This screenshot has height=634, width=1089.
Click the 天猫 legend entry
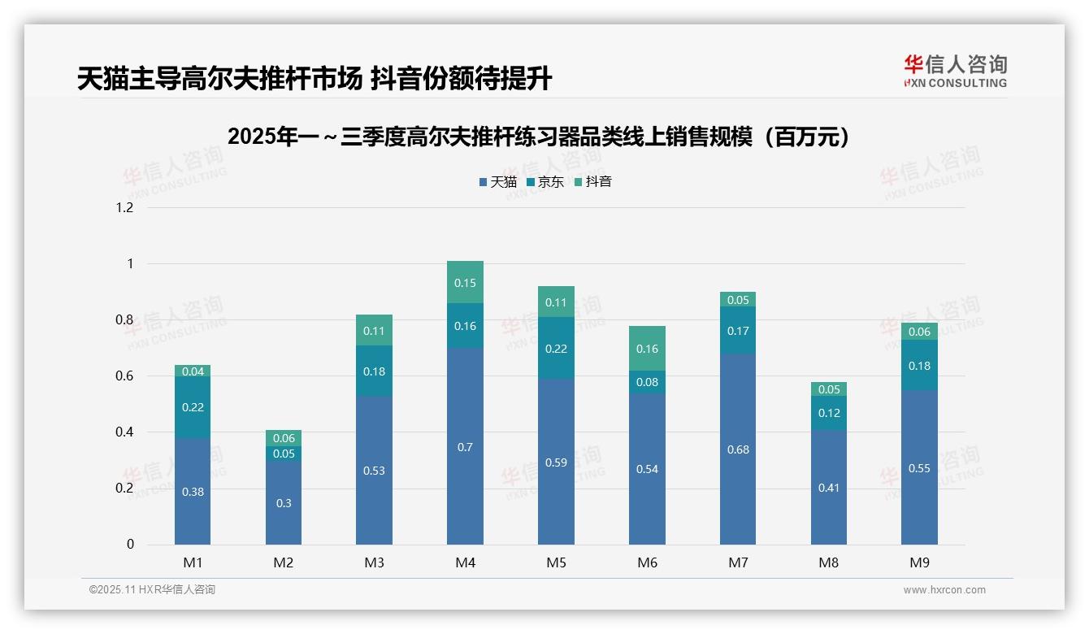coord(498,182)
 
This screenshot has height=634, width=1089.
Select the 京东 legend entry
coord(545,182)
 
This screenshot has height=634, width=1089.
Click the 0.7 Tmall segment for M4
coord(465,446)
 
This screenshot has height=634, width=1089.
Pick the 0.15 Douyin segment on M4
coord(465,282)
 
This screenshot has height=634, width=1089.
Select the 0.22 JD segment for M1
coord(193,407)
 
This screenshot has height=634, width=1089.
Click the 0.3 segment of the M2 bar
coord(284,502)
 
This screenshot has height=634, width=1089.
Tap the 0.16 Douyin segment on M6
coord(647,348)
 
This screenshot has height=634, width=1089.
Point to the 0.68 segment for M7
coord(738,449)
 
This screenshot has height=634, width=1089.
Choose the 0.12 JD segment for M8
coord(829,413)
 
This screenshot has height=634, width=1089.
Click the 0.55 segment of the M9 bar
coord(919,467)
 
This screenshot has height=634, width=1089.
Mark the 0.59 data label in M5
coord(556,462)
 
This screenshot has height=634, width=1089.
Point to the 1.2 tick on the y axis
coord(124,207)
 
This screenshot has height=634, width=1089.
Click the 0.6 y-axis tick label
coord(124,376)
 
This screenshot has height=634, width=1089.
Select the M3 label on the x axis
coord(374,562)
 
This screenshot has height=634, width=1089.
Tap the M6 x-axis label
coord(647,562)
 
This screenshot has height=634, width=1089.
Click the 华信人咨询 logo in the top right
coord(955,71)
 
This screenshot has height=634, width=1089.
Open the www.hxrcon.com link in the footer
coord(944,590)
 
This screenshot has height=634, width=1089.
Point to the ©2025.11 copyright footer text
coord(152,590)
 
